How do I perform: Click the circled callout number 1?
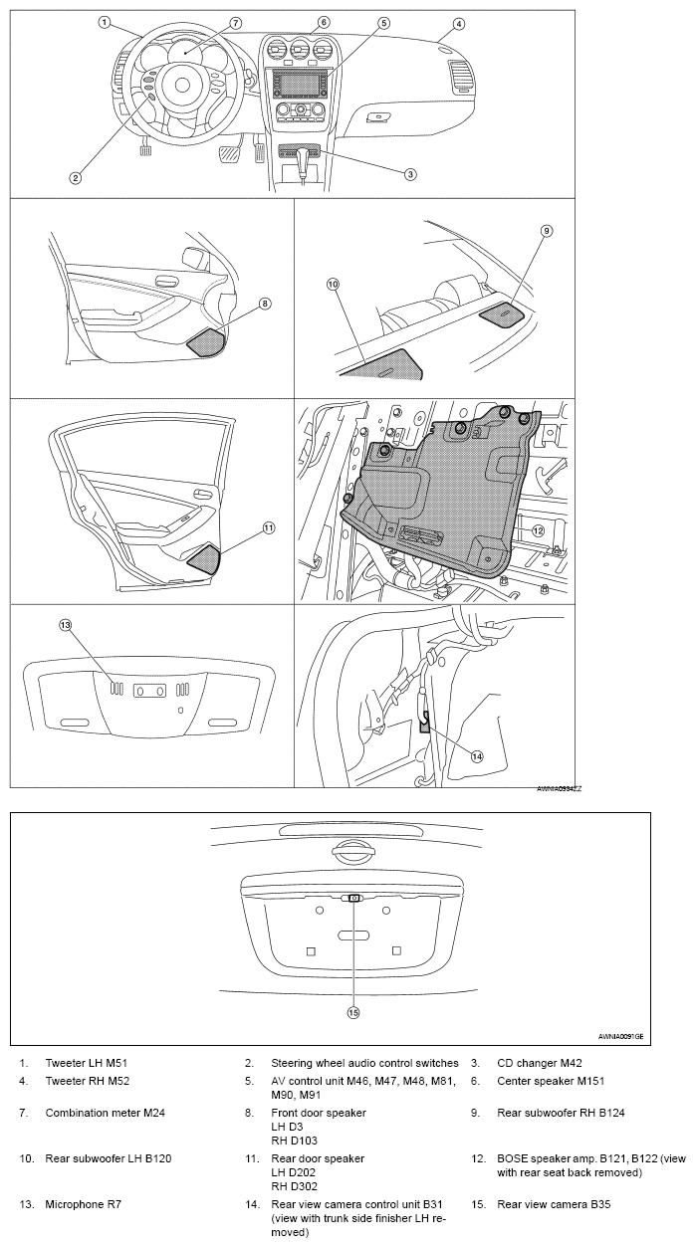104,21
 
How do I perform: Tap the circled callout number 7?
236,22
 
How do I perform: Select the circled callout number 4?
458,23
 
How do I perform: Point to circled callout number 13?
66,625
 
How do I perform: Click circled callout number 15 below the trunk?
351,1012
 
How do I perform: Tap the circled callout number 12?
537,530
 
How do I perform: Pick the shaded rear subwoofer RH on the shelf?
505,313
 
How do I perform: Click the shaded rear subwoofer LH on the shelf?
386,364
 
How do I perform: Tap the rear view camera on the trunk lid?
353,897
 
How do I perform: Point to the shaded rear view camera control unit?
425,724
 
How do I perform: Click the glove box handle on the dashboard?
378,116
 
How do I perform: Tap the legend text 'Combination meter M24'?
106,1113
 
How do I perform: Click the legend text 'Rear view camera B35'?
554,1204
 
